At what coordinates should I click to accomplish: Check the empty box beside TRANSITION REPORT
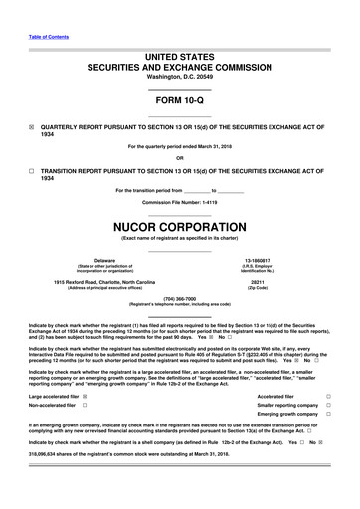[33, 171]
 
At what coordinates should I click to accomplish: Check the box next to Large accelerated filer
[85, 396]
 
